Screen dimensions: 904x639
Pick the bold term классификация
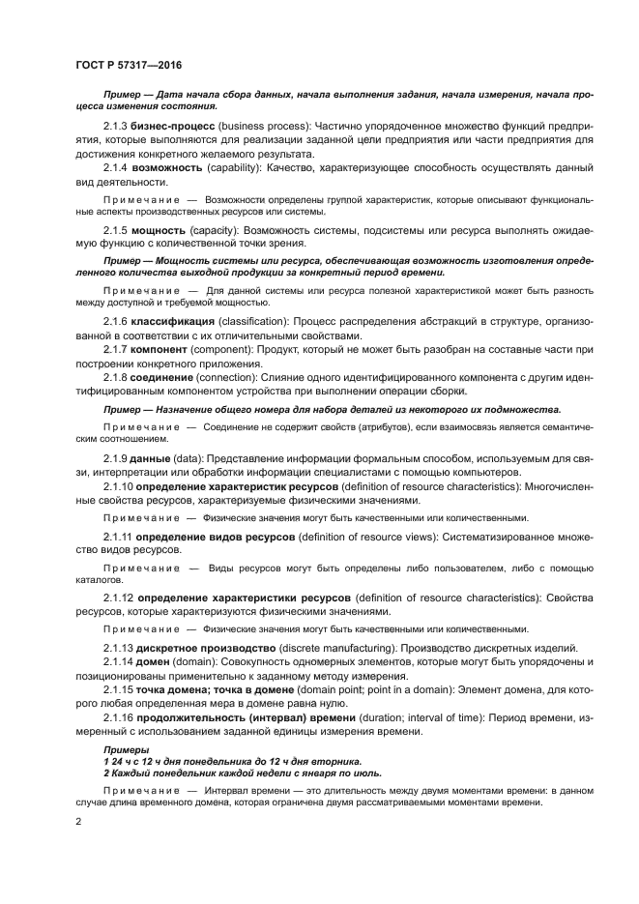click(179, 319)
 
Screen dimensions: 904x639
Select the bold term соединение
click(169, 376)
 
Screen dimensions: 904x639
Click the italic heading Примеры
click(122, 749)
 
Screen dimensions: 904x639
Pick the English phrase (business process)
click(265, 127)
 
